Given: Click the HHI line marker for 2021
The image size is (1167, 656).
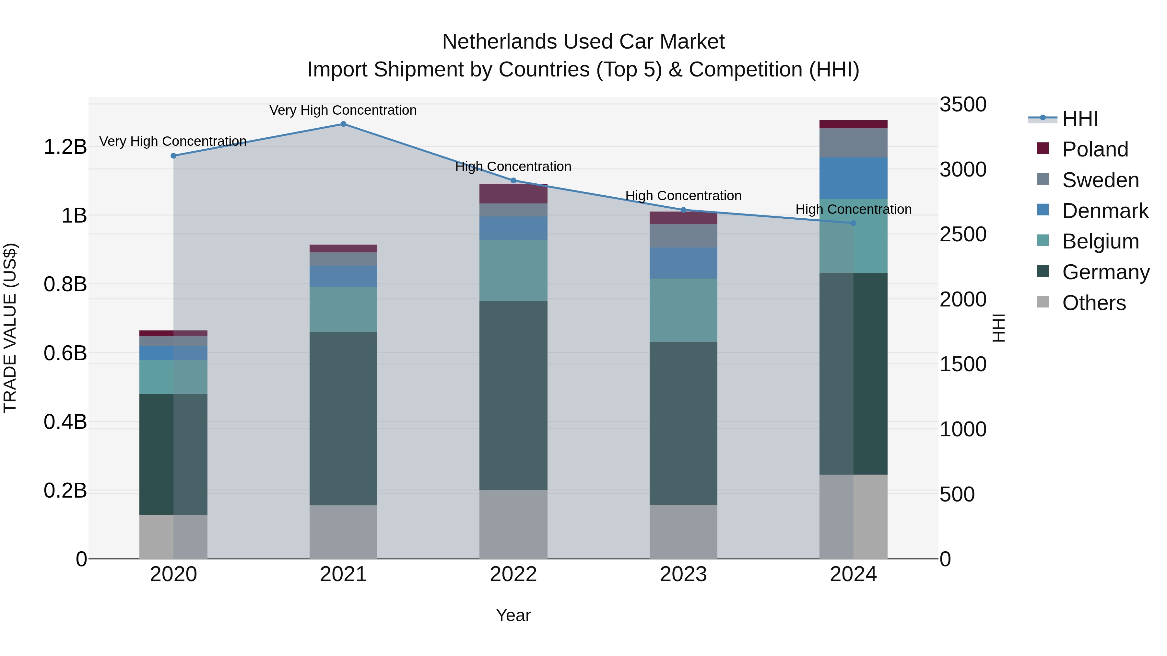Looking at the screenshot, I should tap(343, 124).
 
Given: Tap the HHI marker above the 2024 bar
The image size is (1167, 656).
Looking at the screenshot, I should tap(853, 223).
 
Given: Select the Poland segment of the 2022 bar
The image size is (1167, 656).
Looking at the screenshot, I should tap(513, 194).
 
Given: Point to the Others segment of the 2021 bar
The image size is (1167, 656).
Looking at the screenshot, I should tap(343, 532).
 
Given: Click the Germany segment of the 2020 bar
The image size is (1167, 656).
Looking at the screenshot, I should tap(173, 454).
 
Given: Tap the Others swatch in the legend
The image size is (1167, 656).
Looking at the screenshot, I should tap(1043, 302).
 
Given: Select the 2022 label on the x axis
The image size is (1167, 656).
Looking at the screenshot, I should tap(513, 574).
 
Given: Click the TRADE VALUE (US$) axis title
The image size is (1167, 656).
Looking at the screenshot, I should tap(10, 328).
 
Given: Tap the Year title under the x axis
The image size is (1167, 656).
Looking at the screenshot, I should tap(513, 615).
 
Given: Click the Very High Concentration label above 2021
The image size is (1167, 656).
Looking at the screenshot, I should tap(343, 110).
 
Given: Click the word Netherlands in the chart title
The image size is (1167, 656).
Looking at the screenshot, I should tap(499, 42).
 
